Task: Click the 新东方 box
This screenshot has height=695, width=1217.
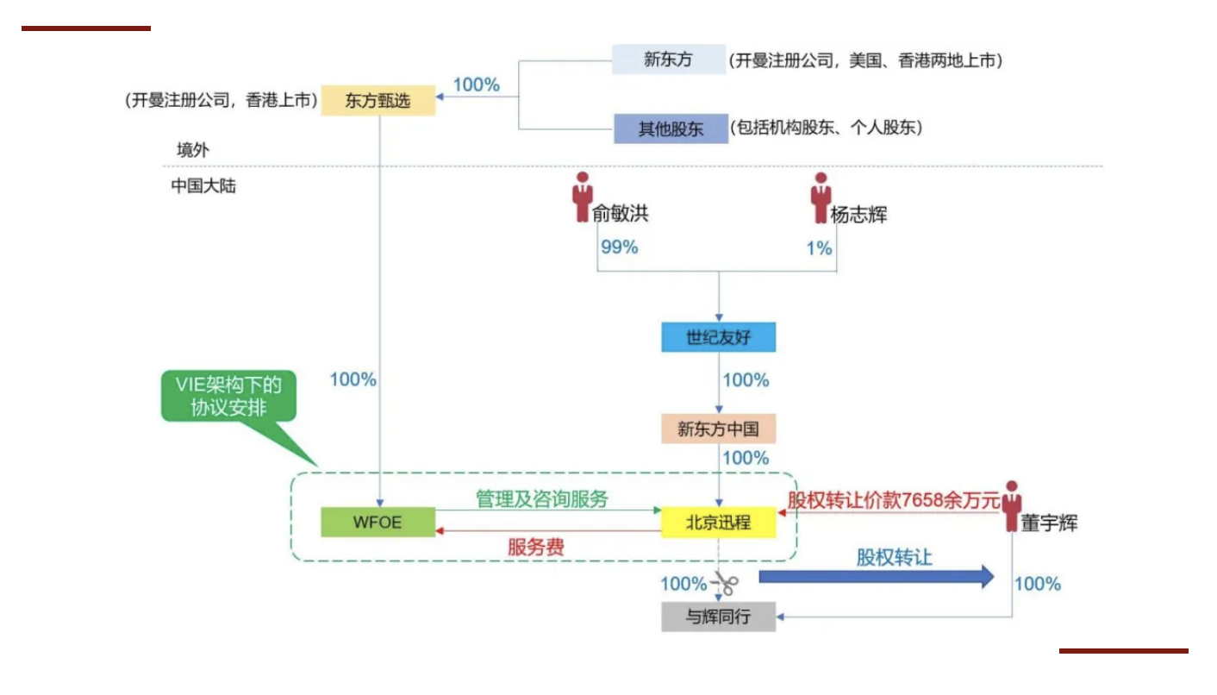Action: (669, 60)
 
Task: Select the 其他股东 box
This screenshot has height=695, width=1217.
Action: (671, 129)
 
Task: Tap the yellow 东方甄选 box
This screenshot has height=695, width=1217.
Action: (378, 101)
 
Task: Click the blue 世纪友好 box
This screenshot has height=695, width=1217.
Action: (718, 338)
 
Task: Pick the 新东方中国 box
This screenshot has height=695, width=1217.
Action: (718, 429)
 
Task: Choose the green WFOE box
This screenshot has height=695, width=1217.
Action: (378, 523)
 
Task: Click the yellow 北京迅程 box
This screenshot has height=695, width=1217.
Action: (718, 523)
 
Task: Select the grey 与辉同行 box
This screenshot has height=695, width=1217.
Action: (718, 617)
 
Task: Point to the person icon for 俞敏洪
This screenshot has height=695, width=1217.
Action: (583, 197)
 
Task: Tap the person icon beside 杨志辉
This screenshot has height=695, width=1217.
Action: (821, 197)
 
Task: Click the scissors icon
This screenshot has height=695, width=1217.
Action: (726, 585)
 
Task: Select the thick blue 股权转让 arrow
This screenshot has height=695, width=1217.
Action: (876, 576)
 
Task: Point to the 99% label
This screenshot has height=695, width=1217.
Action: (619, 247)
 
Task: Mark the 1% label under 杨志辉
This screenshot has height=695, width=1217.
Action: (819, 248)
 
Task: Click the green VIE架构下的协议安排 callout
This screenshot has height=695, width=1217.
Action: (228, 397)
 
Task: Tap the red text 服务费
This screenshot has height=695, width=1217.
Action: (536, 548)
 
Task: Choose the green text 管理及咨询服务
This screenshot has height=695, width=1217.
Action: (542, 499)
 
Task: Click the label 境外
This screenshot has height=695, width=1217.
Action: (193, 150)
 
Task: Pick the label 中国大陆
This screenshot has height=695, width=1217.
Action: (203, 185)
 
